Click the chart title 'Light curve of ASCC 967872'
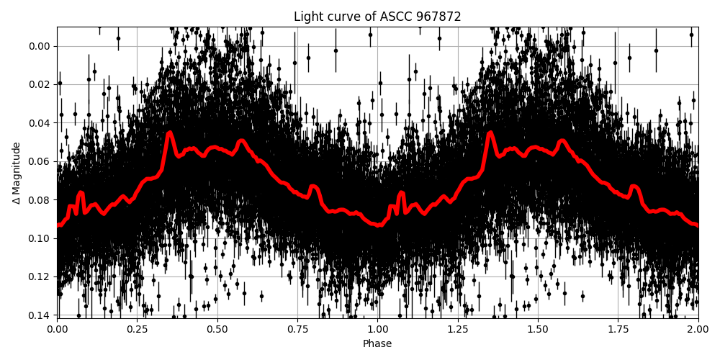(377, 17)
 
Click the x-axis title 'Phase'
(377, 344)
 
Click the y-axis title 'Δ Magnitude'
(17, 173)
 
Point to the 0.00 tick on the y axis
(38, 46)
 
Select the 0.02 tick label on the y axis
(38, 84)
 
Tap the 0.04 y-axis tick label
(38, 122)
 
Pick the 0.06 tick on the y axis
(38, 161)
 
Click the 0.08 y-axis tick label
(38, 199)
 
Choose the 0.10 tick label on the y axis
(38, 238)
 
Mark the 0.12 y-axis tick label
(38, 276)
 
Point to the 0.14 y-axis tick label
(38, 315)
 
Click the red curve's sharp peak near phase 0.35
(170, 133)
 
